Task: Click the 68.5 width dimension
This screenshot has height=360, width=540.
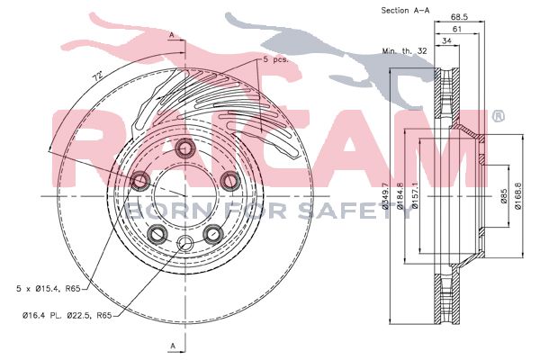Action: (459, 17)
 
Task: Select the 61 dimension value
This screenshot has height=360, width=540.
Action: (456, 30)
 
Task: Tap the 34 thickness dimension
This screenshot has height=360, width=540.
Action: (446, 41)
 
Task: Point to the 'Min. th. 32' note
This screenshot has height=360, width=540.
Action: (404, 51)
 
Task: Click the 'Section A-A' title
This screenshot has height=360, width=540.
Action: (405, 10)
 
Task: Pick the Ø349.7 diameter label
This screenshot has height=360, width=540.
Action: (386, 196)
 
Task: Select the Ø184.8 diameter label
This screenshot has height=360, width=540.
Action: (400, 196)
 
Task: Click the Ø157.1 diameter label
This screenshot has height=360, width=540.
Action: (415, 196)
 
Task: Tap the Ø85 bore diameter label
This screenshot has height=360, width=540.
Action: (503, 196)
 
